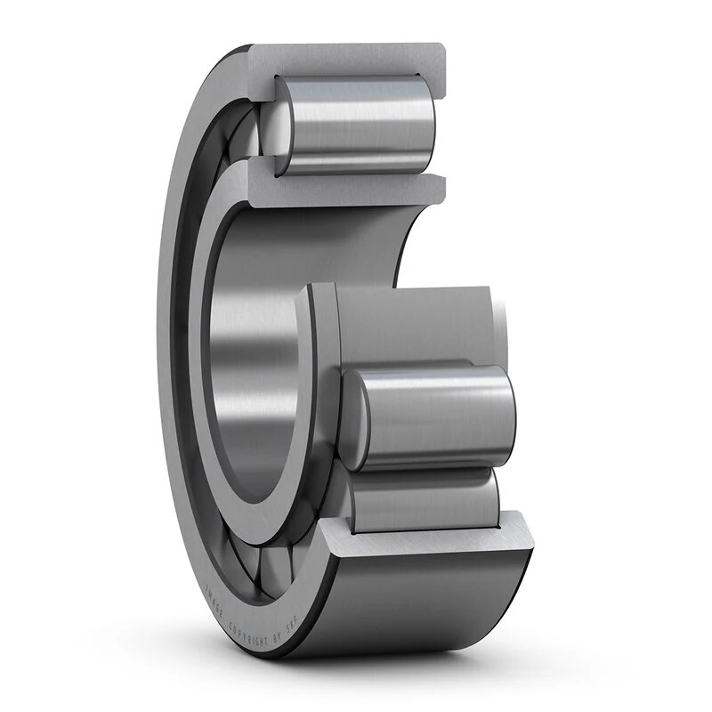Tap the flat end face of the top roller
(x=283, y=125)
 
